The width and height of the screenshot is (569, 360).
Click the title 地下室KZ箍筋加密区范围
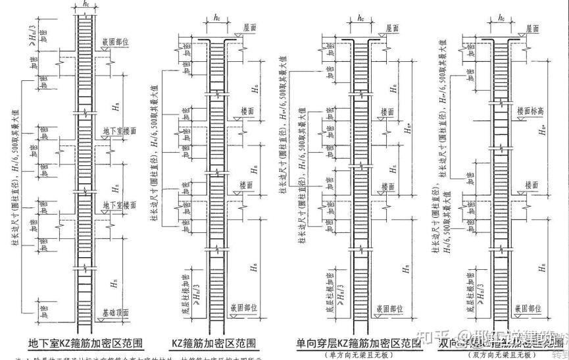point(86,344)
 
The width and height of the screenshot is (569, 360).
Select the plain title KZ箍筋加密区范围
point(214,344)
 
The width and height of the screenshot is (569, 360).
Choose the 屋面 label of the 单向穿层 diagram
point(394,28)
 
